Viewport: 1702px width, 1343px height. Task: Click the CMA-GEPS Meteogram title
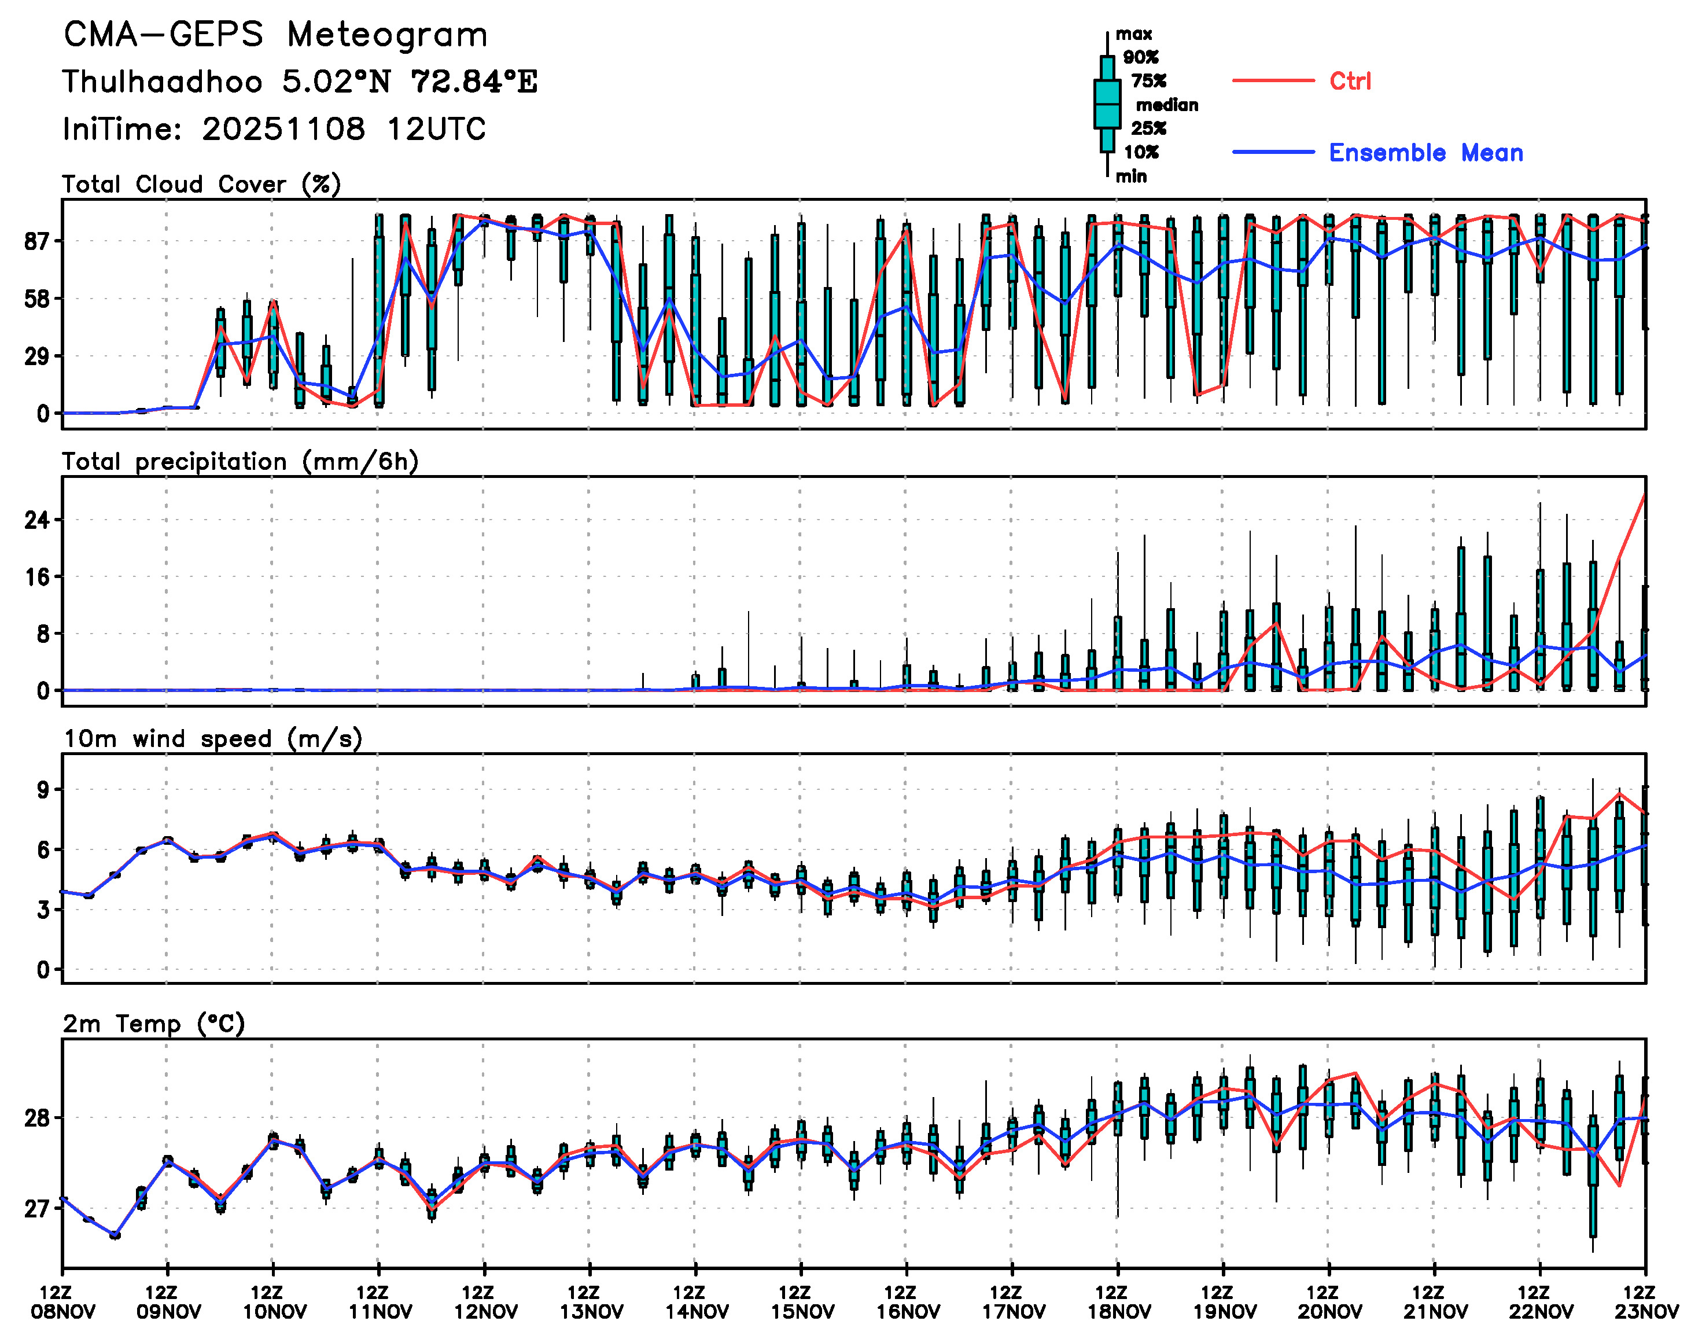pos(275,35)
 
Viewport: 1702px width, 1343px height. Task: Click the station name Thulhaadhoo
pos(162,82)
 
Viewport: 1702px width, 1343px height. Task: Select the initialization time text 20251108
pos(283,129)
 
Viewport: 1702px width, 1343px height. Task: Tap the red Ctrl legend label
pos(1350,81)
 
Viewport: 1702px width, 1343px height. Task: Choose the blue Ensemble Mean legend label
pos(1425,153)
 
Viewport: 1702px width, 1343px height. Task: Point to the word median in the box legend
pos(1167,105)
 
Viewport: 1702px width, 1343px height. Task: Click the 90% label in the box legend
pos(1141,57)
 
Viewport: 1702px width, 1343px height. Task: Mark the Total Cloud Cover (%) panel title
pos(201,185)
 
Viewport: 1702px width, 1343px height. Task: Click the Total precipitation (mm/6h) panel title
pos(240,462)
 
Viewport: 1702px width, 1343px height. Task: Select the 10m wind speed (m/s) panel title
pos(212,739)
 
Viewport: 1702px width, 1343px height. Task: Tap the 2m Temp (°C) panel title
pos(154,1024)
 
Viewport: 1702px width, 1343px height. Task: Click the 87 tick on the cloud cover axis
pos(37,241)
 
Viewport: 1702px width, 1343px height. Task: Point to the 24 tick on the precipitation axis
pos(37,520)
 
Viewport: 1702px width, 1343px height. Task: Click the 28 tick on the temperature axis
pos(37,1117)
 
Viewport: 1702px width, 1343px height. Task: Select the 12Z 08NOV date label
pos(63,1302)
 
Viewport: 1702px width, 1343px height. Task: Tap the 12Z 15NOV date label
pos(801,1302)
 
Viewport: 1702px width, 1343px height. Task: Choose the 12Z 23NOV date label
pos(1645,1302)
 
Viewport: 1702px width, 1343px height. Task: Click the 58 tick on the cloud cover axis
pos(37,299)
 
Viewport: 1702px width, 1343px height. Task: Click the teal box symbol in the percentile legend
pos(1107,104)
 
